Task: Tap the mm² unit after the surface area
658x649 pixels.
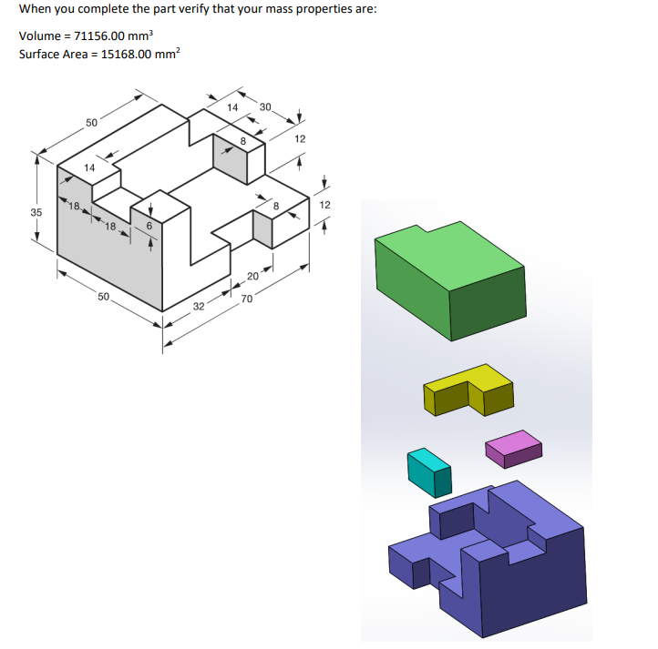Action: pos(170,54)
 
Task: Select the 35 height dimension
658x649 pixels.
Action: pos(36,212)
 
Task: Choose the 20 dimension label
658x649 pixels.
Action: pos(252,277)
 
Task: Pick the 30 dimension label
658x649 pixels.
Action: pos(265,108)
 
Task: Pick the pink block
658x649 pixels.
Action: pos(514,447)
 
